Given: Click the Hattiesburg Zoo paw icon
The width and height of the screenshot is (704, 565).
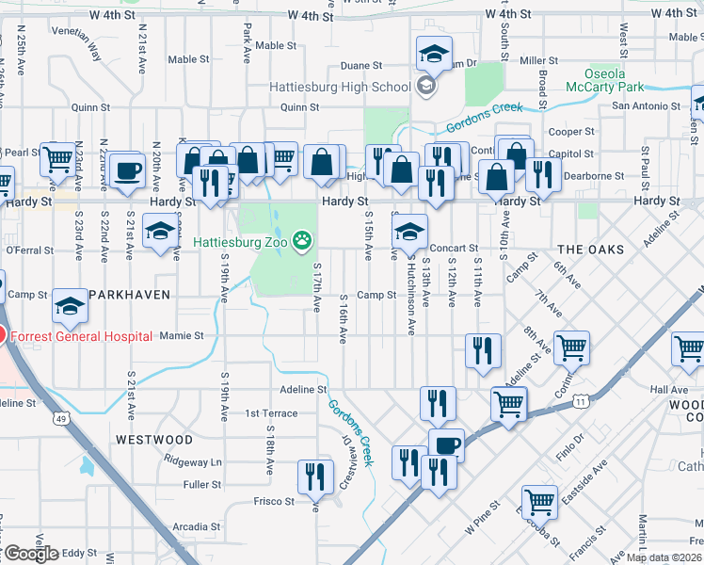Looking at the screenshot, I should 302,242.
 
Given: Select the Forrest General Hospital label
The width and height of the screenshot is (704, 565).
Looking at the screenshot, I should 83,336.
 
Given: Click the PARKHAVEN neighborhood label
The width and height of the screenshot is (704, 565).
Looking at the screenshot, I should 130,295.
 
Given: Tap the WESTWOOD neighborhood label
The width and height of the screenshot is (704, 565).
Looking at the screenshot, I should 154,440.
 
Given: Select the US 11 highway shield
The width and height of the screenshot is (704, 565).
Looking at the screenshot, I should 581,402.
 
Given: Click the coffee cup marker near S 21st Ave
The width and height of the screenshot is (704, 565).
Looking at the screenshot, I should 126,170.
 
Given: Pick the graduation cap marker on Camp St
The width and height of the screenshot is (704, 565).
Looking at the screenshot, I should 71,303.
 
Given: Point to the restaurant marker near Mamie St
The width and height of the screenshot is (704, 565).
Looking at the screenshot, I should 484,349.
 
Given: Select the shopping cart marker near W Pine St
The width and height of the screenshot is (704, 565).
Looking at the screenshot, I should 540,500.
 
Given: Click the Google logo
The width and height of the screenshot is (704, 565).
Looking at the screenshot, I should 30,553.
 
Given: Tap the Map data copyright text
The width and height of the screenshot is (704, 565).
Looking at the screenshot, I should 664,557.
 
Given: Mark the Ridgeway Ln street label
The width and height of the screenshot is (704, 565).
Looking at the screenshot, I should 192,462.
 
